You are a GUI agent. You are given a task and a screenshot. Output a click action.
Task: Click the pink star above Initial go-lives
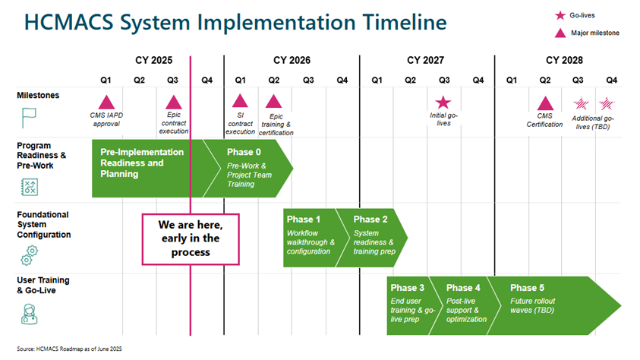pos(443,102)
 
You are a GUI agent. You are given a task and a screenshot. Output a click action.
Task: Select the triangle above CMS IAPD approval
pos(106,102)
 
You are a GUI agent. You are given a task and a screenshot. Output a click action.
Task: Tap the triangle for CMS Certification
pos(544,103)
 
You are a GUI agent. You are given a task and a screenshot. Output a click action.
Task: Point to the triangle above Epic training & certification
pos(273,102)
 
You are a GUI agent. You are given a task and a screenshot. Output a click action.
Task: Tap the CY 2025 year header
pos(154,60)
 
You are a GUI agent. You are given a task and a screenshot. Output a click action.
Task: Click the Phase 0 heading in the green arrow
pos(244,152)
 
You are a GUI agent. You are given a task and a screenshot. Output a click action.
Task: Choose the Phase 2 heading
pos(371,219)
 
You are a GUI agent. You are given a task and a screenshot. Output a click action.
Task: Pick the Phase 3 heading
pos(408,288)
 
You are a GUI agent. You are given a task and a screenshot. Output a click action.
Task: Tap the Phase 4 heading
pos(463,288)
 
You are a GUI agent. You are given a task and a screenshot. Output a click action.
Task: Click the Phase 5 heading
pos(527,288)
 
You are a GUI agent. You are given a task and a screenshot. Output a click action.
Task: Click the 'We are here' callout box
pos(191,238)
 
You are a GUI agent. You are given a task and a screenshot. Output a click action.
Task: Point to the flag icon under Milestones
pos(30,117)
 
